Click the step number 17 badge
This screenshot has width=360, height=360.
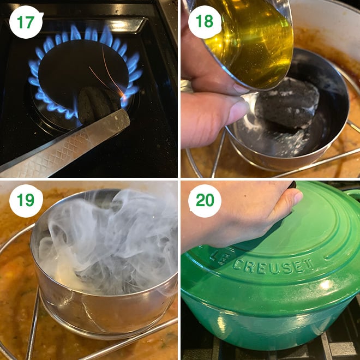tap(26, 22)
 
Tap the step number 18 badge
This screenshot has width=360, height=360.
tap(205, 22)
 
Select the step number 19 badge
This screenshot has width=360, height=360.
tap(26, 201)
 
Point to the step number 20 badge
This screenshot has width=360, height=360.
tap(205, 201)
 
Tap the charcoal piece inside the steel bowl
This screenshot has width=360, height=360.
tap(287, 103)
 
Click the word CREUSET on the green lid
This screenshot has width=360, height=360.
tap(273, 266)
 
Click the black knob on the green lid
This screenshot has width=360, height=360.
tap(292, 184)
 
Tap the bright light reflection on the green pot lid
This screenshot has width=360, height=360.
tap(326, 285)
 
